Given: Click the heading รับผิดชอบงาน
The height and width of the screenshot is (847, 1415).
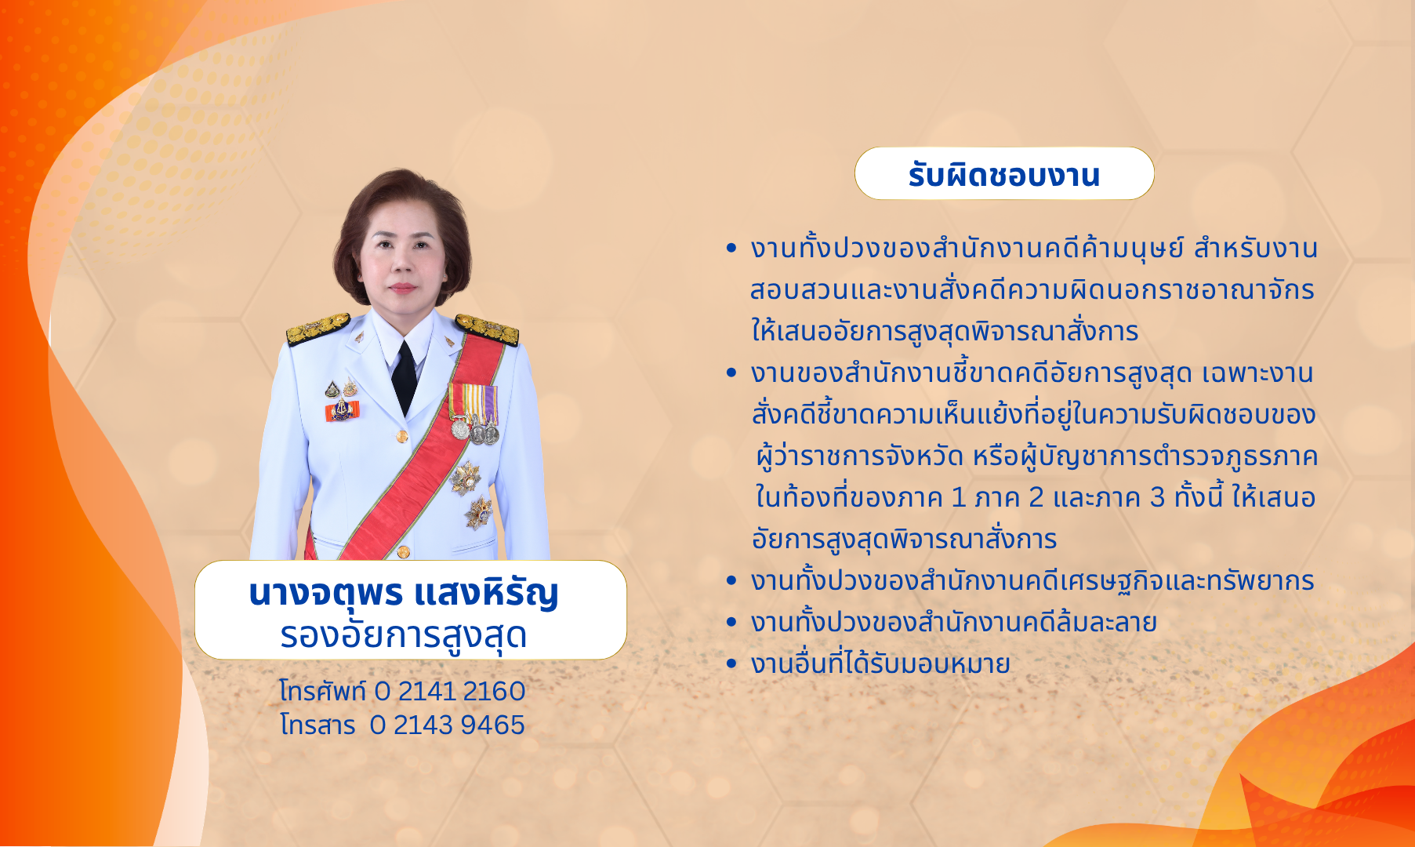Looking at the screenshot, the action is click(1004, 175).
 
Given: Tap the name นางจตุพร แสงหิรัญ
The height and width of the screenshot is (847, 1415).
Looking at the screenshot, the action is click(404, 593).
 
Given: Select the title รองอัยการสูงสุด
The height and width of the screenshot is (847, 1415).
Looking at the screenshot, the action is click(404, 634).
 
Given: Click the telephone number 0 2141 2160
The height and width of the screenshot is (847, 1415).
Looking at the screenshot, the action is click(450, 691).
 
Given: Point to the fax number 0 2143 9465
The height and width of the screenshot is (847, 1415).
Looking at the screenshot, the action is click(448, 725).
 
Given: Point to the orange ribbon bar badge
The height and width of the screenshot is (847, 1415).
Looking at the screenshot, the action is click(342, 410).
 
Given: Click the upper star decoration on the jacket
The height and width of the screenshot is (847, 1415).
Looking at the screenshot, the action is click(466, 477).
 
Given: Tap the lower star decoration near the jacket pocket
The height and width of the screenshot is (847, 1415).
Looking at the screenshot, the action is click(477, 513).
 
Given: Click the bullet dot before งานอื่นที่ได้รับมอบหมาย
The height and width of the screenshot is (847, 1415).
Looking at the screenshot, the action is click(731, 664).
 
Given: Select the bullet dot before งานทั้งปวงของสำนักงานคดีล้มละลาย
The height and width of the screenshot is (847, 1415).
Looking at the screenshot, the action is click(731, 623).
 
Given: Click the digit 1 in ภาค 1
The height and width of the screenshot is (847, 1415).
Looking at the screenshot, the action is click(958, 498).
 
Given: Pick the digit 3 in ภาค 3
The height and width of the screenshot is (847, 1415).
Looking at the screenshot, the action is click(1157, 498).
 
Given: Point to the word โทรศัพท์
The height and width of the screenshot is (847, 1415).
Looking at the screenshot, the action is click(323, 691).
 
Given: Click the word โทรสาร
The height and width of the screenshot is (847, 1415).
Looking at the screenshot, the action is click(317, 725).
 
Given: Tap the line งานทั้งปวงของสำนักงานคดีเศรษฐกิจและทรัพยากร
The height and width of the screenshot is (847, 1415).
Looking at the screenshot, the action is click(1032, 581).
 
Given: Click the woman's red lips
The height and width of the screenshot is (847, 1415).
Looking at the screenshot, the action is click(402, 287).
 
